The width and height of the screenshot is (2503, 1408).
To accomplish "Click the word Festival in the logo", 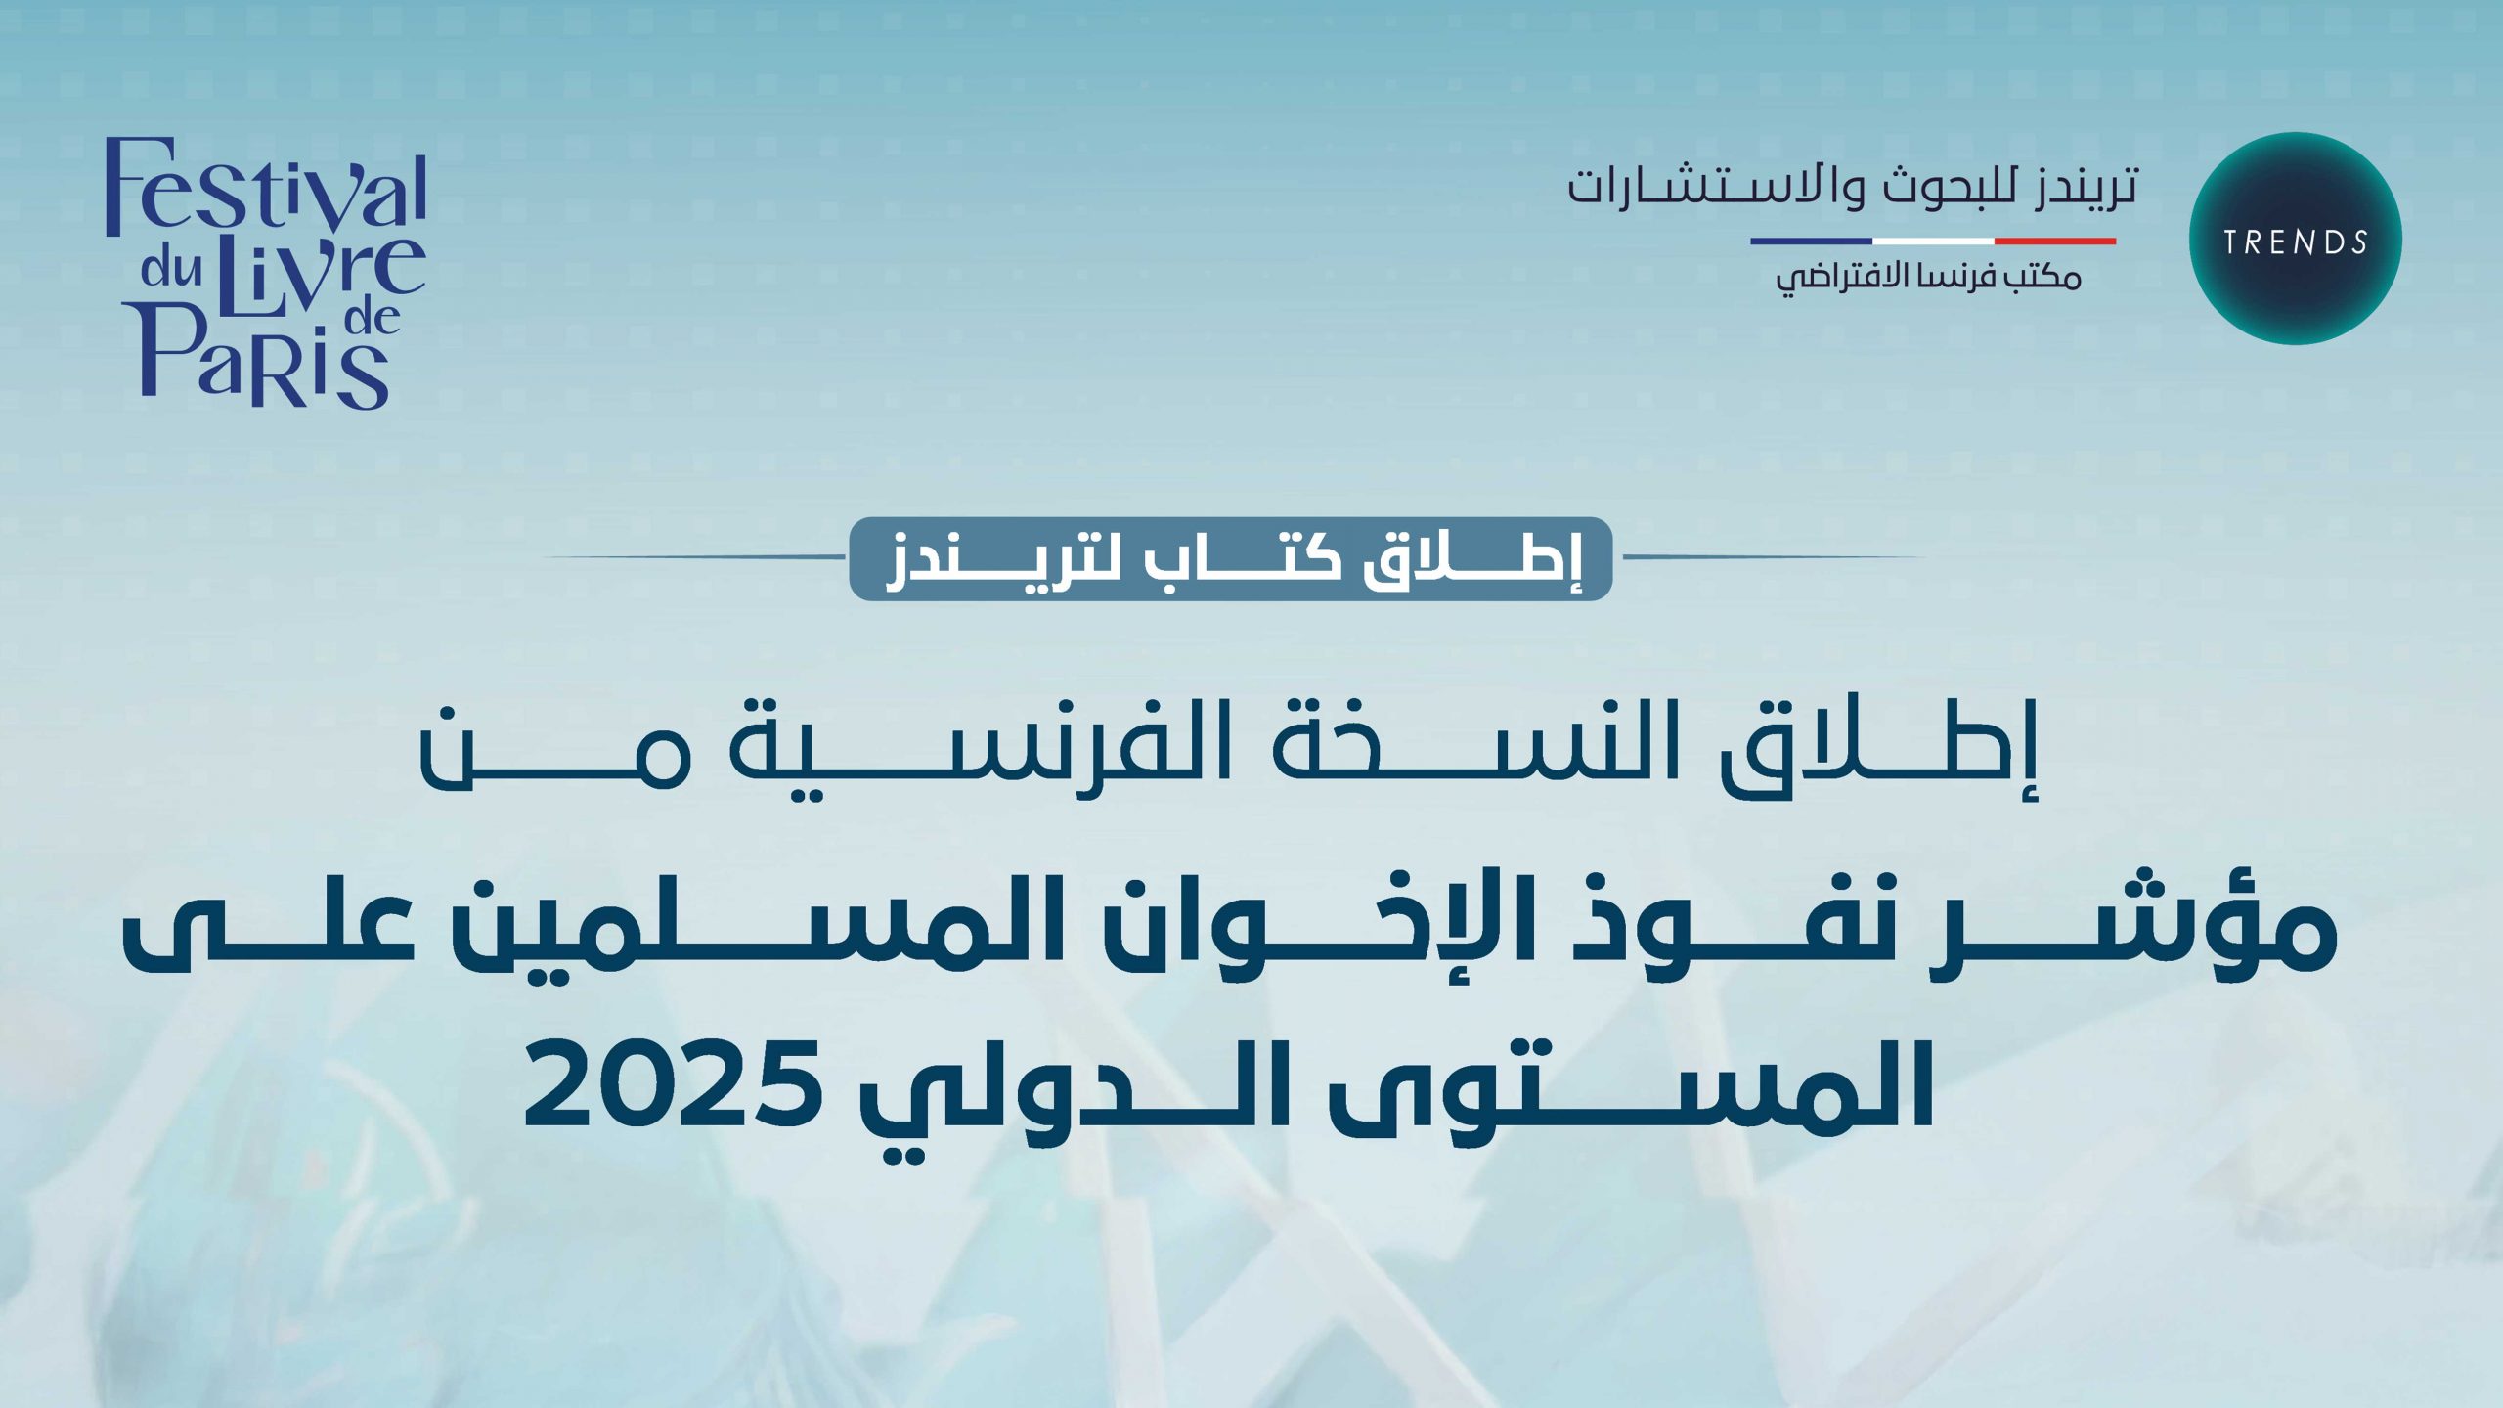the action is (266, 188).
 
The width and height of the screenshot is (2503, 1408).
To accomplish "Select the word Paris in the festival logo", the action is (264, 357).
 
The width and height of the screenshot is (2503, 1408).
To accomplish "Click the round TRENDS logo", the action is (2295, 239).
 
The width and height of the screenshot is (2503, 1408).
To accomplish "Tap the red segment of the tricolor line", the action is (2055, 241).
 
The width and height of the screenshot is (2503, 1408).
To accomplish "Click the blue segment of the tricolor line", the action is (1811, 241).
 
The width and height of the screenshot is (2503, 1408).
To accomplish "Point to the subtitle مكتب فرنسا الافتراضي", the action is (1928, 278).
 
